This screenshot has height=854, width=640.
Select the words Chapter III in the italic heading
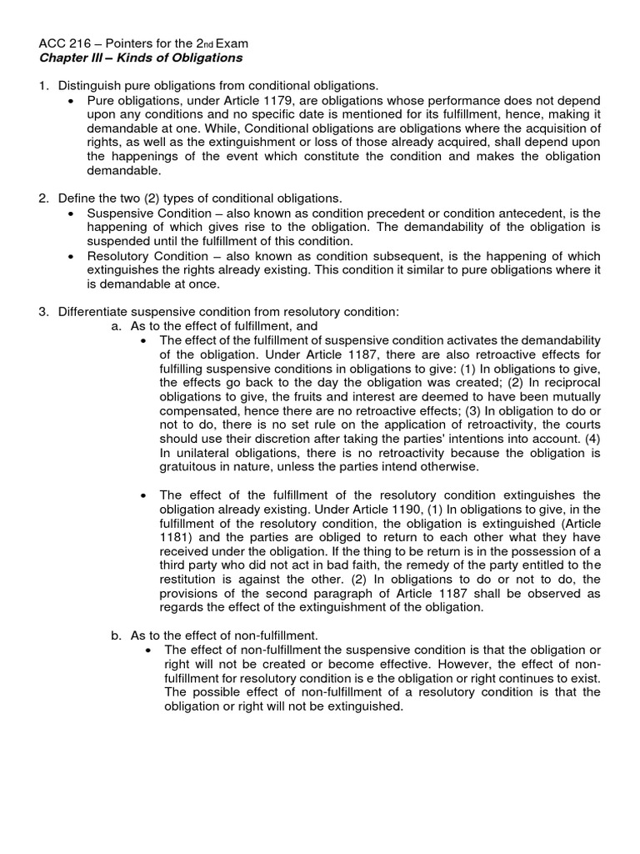click(x=73, y=58)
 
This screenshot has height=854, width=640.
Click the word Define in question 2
click(x=77, y=198)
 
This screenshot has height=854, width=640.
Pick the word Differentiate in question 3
click(x=95, y=312)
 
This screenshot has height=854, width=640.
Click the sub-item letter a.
click(x=116, y=326)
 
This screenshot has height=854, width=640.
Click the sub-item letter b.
click(x=116, y=635)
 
